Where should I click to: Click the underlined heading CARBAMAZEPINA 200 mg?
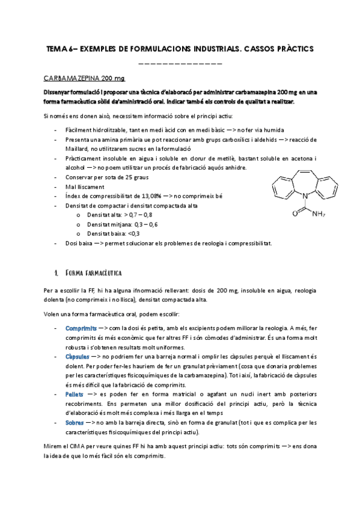(84, 79)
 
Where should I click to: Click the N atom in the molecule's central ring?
(304, 194)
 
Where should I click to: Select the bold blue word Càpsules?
(78, 357)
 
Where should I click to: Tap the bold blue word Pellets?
(75, 393)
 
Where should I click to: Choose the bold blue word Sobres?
(75, 423)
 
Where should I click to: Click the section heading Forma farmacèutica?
(93, 272)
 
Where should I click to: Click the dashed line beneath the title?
(180, 63)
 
